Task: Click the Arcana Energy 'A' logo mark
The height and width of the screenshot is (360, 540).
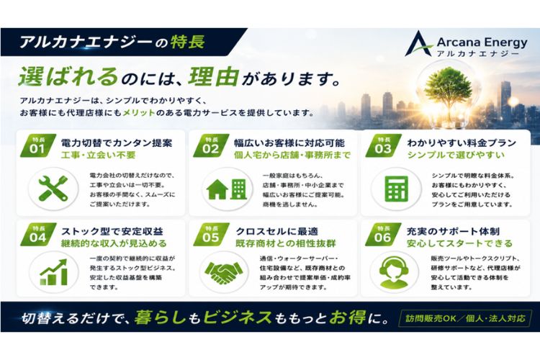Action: pos(418,44)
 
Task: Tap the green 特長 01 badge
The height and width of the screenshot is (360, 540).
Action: pos(38,145)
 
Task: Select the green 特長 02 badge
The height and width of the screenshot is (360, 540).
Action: pos(211,145)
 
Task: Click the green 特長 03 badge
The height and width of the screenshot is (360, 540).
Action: pos(383,145)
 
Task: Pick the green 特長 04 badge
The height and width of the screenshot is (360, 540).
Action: pos(38,235)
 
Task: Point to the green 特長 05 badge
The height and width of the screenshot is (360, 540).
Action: pos(211,235)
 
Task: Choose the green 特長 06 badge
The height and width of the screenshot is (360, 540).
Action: pos(383,235)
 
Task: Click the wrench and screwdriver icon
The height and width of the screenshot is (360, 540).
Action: pos(53,189)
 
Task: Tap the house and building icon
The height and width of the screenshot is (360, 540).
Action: pos(227,189)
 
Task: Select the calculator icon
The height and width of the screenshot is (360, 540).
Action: pos(396,189)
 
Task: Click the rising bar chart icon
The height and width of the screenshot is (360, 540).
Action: pos(53,272)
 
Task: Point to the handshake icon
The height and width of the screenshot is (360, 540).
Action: pos(223,272)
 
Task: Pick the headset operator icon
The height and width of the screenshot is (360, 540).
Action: pos(394,272)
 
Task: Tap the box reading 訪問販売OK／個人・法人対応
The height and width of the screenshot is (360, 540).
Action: pos(465,318)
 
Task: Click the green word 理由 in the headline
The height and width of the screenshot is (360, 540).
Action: pos(214,76)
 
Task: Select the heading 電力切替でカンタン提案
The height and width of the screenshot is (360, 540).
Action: pos(117,143)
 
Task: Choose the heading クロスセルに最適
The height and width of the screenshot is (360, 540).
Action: pos(277,231)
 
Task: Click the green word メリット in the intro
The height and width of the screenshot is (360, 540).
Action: pos(139,112)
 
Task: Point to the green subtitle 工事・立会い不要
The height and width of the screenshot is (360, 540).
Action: pos(98,156)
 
